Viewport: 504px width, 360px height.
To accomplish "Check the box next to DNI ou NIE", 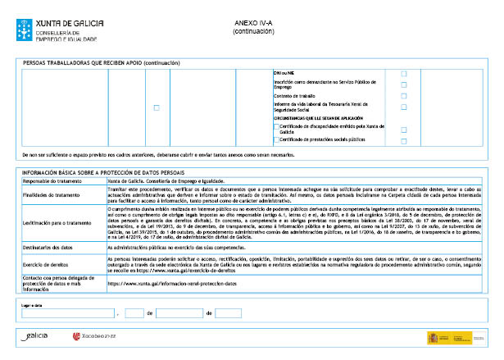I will click(x=403, y=74).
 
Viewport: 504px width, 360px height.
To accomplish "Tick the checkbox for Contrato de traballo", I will click(x=403, y=96).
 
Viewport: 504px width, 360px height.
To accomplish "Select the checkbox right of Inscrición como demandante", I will click(x=403, y=85).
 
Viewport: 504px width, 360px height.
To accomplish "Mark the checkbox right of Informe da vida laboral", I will click(x=403, y=107).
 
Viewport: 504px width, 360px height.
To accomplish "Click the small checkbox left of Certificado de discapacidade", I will click(x=276, y=127).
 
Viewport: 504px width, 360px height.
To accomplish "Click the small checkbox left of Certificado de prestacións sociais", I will click(x=276, y=139).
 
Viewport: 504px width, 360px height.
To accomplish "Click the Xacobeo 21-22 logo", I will click(x=95, y=336).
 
